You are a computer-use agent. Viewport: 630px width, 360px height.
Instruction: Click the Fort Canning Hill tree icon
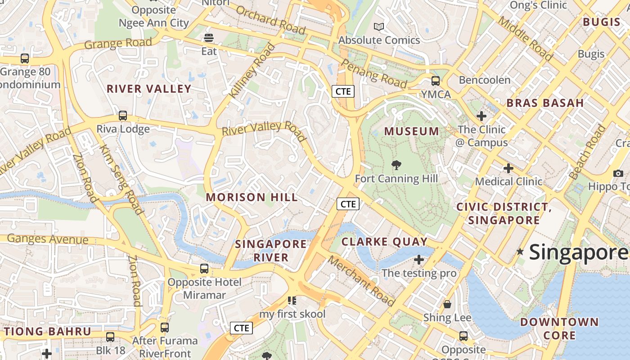coord(396,165)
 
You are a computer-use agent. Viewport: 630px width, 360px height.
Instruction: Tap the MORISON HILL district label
coord(252,197)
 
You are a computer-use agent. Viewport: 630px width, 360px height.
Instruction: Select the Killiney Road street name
coord(252,71)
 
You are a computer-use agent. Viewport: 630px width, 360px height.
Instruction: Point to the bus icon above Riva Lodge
coord(123,116)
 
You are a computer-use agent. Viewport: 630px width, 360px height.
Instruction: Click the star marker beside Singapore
coord(521,252)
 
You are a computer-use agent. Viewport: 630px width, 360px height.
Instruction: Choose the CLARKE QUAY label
coord(384,242)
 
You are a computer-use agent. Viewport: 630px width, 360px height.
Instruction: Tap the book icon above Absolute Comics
coord(379,27)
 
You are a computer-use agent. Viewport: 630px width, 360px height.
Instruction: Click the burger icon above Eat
coord(209,38)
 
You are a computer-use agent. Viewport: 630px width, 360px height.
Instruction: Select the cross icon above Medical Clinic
coord(508,168)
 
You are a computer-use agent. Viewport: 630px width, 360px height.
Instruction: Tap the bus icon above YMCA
coord(436,81)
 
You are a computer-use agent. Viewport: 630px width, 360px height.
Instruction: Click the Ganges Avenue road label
coord(48,238)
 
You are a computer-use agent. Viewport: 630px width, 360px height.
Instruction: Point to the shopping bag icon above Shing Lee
coord(447,304)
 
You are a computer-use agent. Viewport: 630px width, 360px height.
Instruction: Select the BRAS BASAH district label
coord(545,103)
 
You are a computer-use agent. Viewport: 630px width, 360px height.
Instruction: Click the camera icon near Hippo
coord(618,173)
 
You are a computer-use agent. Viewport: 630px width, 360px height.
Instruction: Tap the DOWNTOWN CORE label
coord(559,328)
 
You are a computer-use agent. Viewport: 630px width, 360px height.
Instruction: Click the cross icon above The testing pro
coord(419,260)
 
